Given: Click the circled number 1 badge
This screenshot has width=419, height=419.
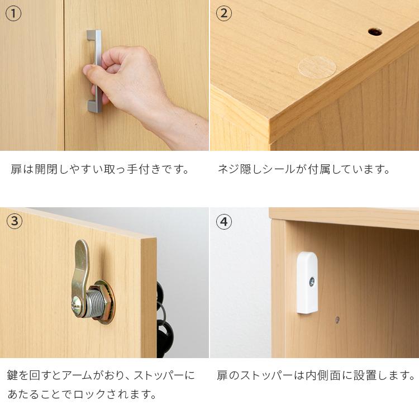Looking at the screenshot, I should (x=13, y=13).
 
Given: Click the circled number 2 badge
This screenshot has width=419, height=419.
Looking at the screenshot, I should (x=223, y=13).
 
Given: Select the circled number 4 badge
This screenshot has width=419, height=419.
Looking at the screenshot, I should (x=224, y=222).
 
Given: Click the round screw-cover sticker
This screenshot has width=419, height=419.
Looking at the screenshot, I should (x=317, y=67).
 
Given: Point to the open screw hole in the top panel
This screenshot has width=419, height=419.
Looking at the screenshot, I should (x=375, y=31).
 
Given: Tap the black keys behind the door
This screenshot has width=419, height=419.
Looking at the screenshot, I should (x=164, y=330).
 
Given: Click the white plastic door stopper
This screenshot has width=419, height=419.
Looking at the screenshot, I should (x=307, y=282).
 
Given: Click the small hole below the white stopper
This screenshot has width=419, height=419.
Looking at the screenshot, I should (x=336, y=320).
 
